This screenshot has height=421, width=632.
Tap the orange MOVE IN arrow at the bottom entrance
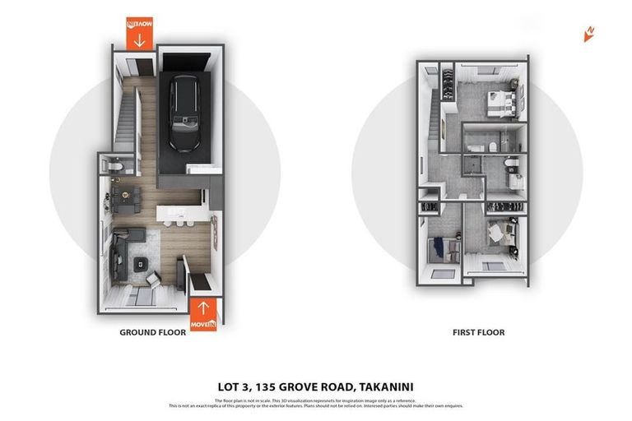pyautogui.click(x=203, y=315)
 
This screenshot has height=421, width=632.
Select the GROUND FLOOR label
pyautogui.click(x=153, y=333)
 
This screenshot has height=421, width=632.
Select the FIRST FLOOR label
pyautogui.click(x=478, y=333)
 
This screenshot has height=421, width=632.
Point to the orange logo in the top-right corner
pyautogui.click(x=588, y=34)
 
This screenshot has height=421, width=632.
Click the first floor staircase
pyautogui.click(x=433, y=123)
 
